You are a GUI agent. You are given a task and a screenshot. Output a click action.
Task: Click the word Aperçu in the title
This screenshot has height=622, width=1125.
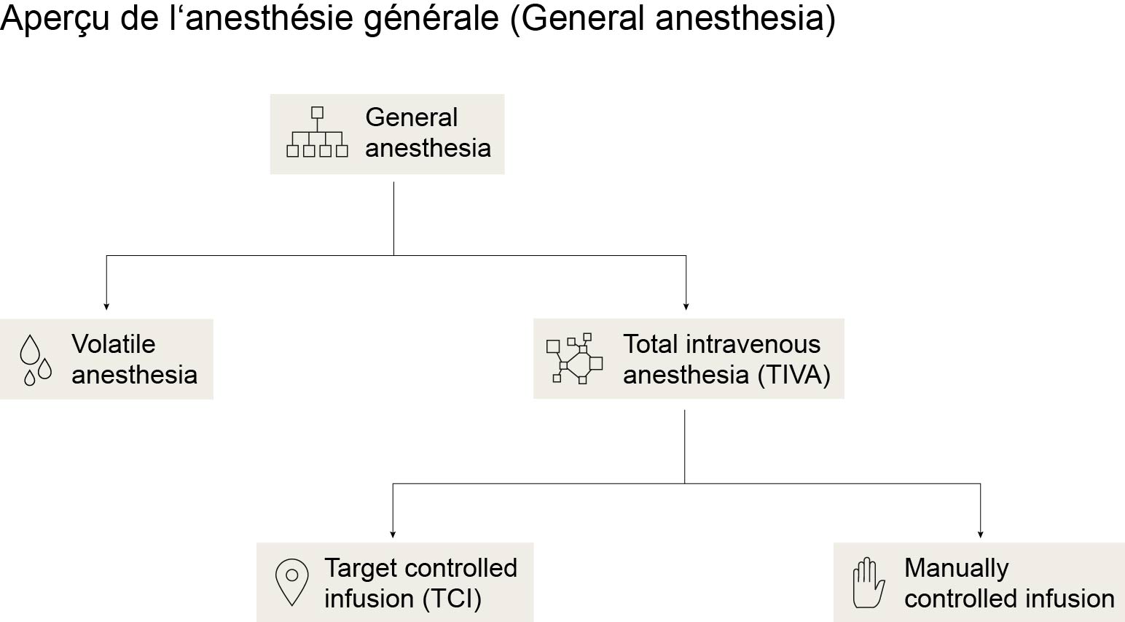(x=54, y=19)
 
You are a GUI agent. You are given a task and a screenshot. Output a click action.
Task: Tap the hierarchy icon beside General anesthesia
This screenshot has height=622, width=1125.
(x=317, y=132)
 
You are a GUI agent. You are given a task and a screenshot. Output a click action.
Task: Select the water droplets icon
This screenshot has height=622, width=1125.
(x=36, y=360)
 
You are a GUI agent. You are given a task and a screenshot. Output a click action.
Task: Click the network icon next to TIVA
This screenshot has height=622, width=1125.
(x=575, y=359)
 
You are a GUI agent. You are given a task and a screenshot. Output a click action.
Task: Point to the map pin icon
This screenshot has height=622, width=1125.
(x=291, y=583)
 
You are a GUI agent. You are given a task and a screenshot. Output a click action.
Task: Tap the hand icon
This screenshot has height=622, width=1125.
(x=869, y=583)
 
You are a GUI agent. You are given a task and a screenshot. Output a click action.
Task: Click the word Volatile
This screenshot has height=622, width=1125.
(x=114, y=344)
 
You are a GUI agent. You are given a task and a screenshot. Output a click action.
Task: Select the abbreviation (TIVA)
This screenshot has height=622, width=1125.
(x=794, y=375)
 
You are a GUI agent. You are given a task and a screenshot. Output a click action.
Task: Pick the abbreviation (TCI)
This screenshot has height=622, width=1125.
(x=452, y=599)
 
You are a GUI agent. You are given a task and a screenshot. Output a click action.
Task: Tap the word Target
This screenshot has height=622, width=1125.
(x=361, y=568)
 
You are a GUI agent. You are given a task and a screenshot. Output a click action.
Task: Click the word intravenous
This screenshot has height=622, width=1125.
(x=753, y=344)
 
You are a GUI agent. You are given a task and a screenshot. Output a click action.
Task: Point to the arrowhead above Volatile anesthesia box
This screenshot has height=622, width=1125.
(x=106, y=306)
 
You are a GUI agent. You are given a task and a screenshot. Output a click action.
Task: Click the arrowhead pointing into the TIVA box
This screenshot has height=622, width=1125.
(x=686, y=306)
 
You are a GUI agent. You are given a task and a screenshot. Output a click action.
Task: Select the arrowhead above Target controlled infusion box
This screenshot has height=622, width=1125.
(x=393, y=534)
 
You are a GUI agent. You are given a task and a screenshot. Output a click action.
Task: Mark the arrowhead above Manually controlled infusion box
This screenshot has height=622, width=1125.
(x=980, y=534)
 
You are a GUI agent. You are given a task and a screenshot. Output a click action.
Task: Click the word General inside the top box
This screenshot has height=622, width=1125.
(x=412, y=117)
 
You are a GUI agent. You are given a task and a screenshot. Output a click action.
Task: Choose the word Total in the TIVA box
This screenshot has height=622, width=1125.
(x=651, y=344)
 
